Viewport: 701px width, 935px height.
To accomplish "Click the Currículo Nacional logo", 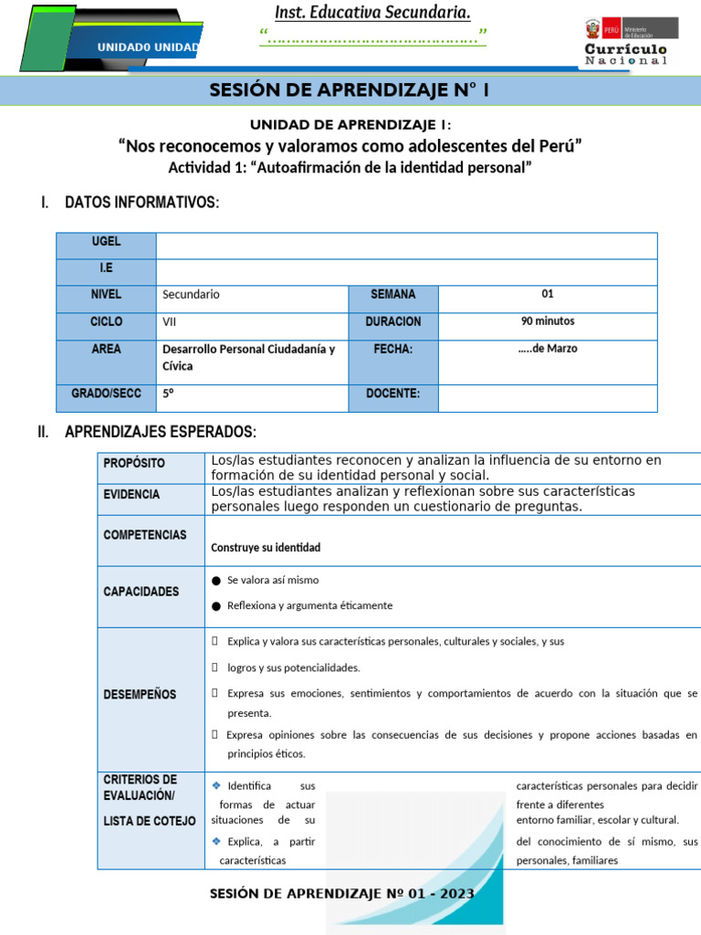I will pyautogui.click(x=625, y=42).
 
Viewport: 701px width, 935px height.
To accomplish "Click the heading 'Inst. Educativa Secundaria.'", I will pyautogui.click(x=373, y=12).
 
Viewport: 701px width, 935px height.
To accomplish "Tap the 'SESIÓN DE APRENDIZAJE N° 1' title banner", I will pyautogui.click(x=350, y=90).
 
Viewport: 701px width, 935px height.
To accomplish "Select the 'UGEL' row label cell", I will pyautogui.click(x=106, y=243).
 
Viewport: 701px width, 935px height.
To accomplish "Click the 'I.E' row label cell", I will pyautogui.click(x=106, y=269).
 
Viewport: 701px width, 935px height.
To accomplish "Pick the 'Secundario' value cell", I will pyautogui.click(x=191, y=295).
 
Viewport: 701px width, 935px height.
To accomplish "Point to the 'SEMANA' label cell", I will pyautogui.click(x=392, y=295).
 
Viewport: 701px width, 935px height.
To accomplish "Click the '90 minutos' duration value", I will pyautogui.click(x=548, y=321).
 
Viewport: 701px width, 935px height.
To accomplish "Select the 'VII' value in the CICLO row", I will pyautogui.click(x=170, y=322).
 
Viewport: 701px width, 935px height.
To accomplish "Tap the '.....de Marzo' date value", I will pyautogui.click(x=548, y=349).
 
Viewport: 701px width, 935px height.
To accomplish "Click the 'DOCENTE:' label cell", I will pyautogui.click(x=392, y=394).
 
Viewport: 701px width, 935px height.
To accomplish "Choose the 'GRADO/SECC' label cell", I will pyautogui.click(x=106, y=394).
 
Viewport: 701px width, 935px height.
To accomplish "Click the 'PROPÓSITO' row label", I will pyautogui.click(x=134, y=463).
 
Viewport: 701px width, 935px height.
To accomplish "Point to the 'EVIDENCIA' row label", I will pyautogui.click(x=131, y=494).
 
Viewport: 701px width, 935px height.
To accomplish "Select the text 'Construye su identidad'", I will pyautogui.click(x=266, y=548).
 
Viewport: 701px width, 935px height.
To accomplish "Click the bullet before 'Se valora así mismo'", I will pyautogui.click(x=215, y=581).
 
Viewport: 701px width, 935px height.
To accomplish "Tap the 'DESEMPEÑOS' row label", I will pyautogui.click(x=140, y=694).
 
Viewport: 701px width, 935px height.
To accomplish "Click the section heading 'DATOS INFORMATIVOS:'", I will pyautogui.click(x=141, y=202).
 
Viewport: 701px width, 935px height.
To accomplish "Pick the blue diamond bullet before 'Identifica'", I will pyautogui.click(x=216, y=785).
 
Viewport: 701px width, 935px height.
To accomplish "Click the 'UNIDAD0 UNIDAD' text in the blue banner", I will pyautogui.click(x=150, y=47).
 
